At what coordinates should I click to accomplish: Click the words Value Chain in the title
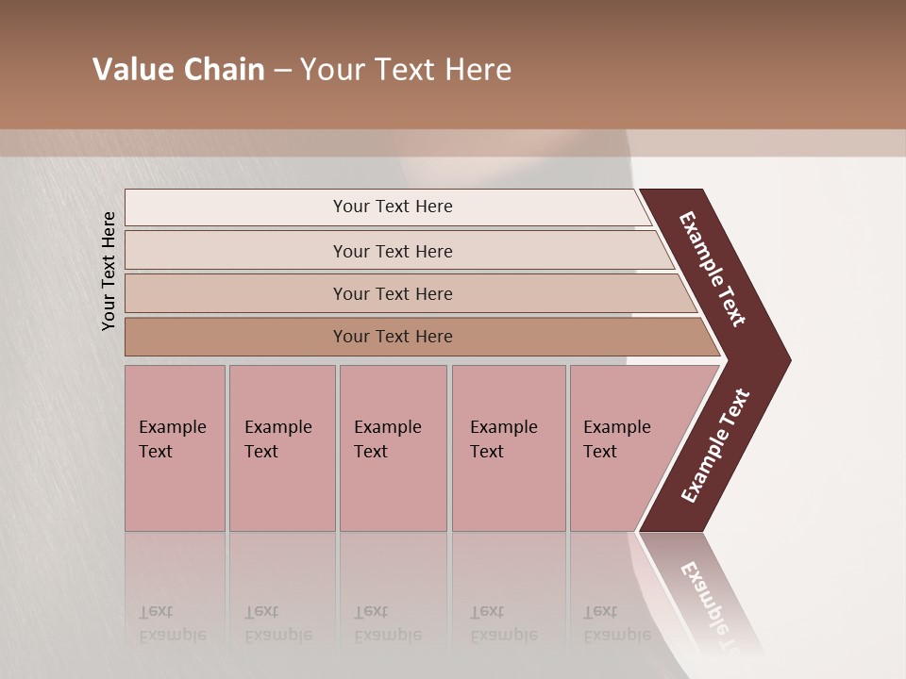click(178, 70)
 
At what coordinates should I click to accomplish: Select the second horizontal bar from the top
click(393, 251)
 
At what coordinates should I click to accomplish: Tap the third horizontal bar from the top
click(393, 293)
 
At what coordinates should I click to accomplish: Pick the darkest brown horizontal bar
click(393, 337)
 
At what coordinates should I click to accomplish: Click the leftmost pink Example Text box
click(175, 448)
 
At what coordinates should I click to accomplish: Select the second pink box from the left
click(282, 448)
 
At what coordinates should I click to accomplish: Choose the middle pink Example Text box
click(393, 448)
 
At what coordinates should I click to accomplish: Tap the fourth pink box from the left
click(509, 448)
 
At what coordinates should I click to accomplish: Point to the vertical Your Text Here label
click(109, 271)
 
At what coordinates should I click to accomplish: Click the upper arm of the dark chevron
click(713, 269)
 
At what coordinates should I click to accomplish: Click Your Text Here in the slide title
click(406, 70)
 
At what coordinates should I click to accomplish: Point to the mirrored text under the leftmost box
click(172, 622)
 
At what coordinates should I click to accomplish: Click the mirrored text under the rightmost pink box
click(617, 622)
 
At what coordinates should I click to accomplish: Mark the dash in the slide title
click(282, 71)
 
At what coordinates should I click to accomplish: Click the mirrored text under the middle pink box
click(387, 622)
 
